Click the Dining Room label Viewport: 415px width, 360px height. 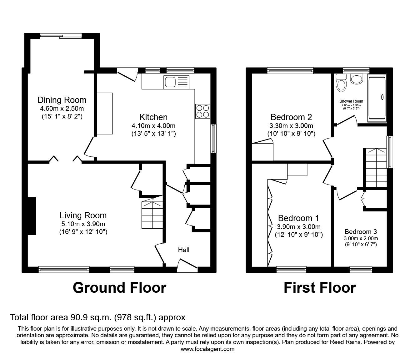[62, 100]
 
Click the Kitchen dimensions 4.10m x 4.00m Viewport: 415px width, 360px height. [153, 126]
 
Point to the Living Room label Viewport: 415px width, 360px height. [83, 215]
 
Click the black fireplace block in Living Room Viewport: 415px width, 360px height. [32, 216]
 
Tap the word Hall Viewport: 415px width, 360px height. [184, 250]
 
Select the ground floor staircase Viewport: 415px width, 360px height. [152, 213]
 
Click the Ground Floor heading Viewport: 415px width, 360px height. [119, 288]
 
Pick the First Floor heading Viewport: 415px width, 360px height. [319, 288]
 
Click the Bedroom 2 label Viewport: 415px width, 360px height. [291, 117]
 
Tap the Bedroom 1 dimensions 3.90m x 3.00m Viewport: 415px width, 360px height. [298, 227]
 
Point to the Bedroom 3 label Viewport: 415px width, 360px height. [361, 232]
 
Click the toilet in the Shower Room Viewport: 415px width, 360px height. [341, 83]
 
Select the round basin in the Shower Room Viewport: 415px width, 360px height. [356, 79]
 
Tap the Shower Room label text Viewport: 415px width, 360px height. [351, 101]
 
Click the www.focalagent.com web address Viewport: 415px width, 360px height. [207, 349]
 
